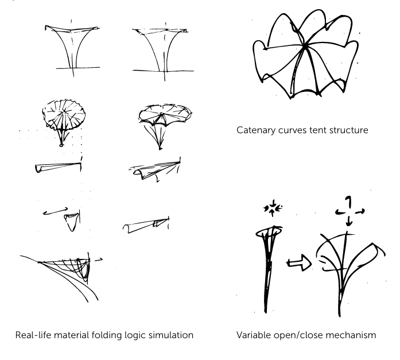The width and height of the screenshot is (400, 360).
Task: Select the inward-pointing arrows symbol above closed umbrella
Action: point(269,207)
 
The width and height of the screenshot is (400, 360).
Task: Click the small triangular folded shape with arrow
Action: point(72,219)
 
